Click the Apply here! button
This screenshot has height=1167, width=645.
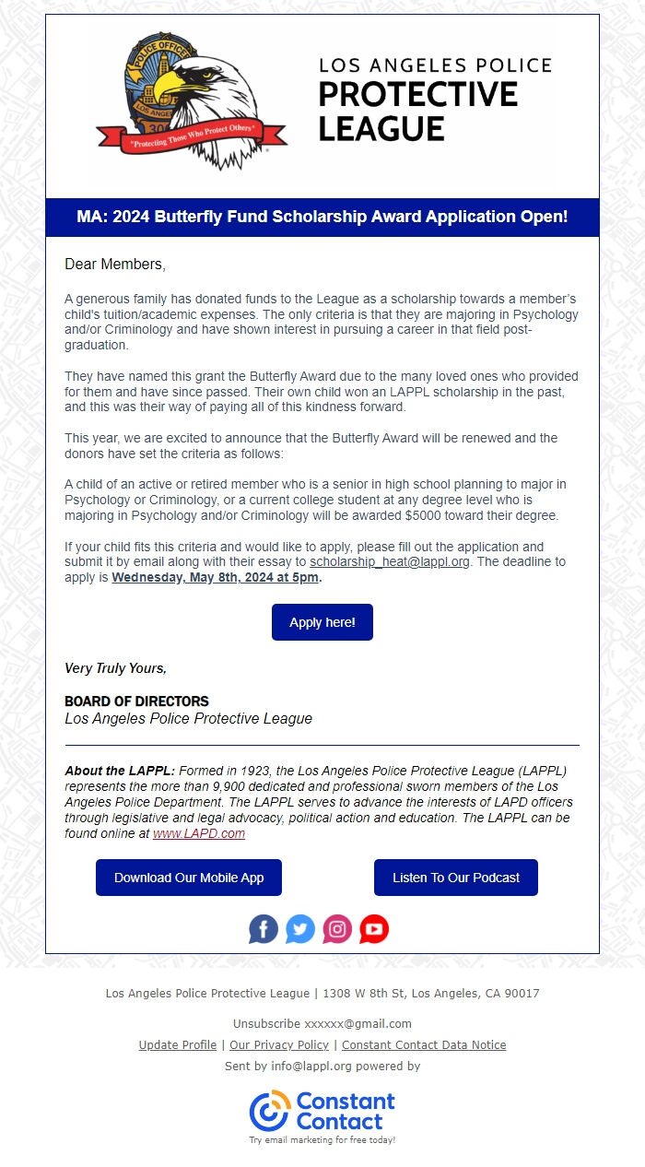tap(322, 622)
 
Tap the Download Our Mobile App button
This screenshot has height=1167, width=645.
tap(189, 878)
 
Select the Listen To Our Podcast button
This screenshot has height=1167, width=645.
tap(456, 878)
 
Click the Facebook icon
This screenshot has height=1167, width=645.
tap(264, 928)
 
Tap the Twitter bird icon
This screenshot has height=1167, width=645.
tap(300, 928)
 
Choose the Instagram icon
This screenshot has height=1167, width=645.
tap(337, 928)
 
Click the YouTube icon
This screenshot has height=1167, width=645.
tap(374, 928)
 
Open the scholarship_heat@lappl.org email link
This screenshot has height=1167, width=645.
tap(390, 561)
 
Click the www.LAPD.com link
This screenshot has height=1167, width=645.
tap(199, 833)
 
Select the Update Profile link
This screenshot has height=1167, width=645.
tap(178, 1044)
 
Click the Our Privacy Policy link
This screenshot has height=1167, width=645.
tap(279, 1044)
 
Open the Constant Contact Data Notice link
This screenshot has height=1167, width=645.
tap(424, 1044)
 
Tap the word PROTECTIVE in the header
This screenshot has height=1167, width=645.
tap(418, 94)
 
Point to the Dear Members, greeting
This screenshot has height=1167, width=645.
tap(115, 265)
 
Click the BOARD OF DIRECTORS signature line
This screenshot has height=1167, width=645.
tap(136, 701)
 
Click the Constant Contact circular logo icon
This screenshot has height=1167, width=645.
tap(269, 1111)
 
